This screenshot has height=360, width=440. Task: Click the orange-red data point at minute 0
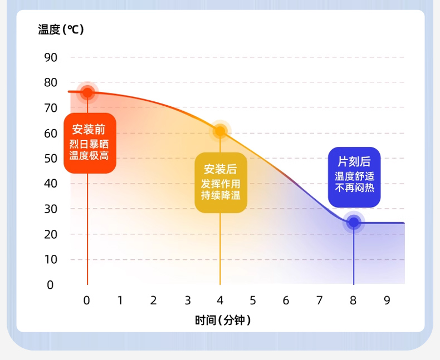(x=87, y=92)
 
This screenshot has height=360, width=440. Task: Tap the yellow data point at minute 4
(x=220, y=131)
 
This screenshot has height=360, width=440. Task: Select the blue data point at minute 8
(x=354, y=223)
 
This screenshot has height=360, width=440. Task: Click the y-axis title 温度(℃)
(x=61, y=29)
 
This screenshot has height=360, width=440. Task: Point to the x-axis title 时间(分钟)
(x=223, y=320)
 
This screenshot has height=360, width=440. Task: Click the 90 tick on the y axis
(x=51, y=57)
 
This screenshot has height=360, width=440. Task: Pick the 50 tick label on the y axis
(x=51, y=159)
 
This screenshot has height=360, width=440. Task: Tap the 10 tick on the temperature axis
(x=51, y=259)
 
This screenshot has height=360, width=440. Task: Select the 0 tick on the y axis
(x=50, y=285)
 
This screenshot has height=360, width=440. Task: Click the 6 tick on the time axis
(x=286, y=300)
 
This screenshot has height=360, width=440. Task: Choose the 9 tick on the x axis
(x=387, y=300)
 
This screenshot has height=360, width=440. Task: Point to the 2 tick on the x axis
(x=153, y=300)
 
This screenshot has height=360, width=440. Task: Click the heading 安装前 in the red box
(x=89, y=129)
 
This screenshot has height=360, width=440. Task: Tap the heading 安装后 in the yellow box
(x=221, y=169)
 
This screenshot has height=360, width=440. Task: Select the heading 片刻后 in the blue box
(x=354, y=161)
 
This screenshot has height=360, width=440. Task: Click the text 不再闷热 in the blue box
(x=354, y=188)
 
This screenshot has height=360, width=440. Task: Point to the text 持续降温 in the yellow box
(x=221, y=195)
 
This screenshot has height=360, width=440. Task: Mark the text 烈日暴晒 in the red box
(x=89, y=144)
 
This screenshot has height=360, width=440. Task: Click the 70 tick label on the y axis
(x=51, y=108)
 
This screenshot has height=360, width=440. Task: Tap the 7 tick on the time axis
(x=319, y=300)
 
